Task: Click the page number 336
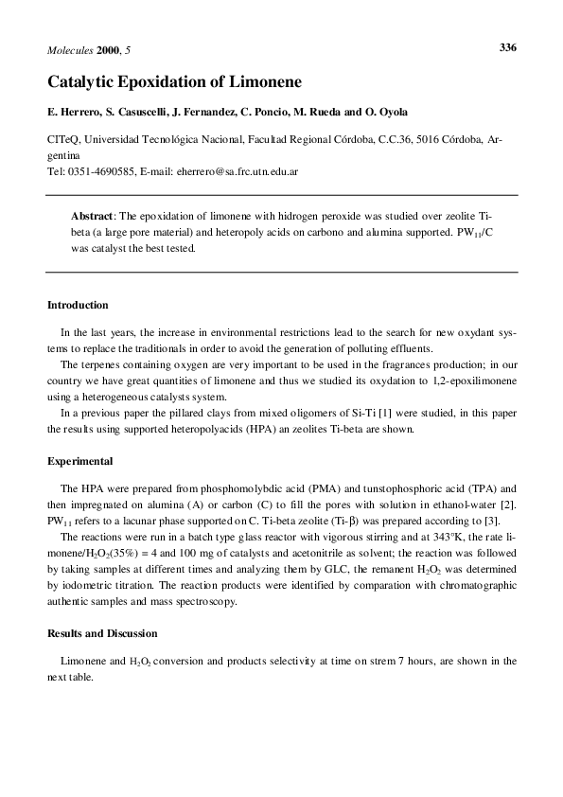coord(506,47)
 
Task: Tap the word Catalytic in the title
coord(83,82)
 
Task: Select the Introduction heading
coord(78,306)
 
